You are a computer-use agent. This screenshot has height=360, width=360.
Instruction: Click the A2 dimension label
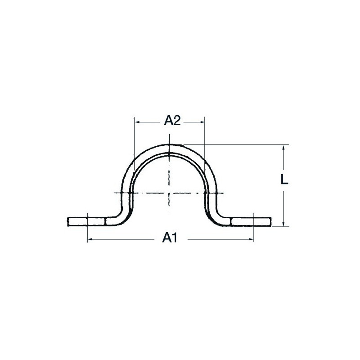pyautogui.click(x=172, y=121)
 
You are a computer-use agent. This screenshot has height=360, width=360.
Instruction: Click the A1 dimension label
pyautogui.click(x=170, y=238)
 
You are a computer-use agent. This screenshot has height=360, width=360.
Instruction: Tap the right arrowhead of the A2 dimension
pyautogui.click(x=201, y=122)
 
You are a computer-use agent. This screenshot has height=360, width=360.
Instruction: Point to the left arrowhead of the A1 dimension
pyautogui.click(x=90, y=239)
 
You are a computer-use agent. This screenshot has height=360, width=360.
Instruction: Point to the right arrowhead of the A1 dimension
pyautogui.click(x=251, y=239)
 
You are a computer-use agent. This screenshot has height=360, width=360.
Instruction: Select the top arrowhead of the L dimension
pyautogui.click(x=283, y=148)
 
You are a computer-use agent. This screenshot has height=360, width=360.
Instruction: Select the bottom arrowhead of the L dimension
pyautogui.click(x=283, y=223)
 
